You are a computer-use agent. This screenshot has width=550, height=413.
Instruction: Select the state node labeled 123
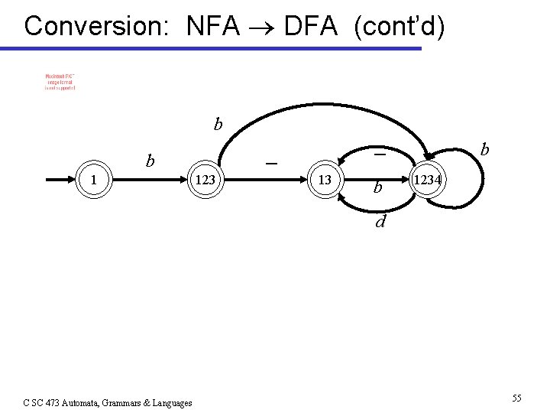tap(204, 180)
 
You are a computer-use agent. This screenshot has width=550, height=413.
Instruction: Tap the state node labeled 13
tap(325, 180)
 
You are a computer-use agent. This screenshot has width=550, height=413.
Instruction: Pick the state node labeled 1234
tap(428, 180)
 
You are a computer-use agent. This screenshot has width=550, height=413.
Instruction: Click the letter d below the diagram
tap(379, 223)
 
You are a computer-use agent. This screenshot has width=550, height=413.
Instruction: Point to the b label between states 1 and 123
tap(151, 161)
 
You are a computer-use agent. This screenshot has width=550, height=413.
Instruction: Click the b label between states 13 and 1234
tap(377, 187)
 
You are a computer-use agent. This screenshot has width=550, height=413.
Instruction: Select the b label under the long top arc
tap(218, 123)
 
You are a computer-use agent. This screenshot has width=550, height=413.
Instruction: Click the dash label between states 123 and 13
tap(270, 164)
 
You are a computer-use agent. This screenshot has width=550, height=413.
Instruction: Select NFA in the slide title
tap(212, 26)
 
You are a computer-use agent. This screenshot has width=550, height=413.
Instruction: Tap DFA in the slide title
tap(309, 26)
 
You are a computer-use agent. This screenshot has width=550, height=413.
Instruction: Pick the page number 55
tap(517, 398)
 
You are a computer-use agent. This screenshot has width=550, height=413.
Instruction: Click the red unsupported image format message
tap(60, 82)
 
